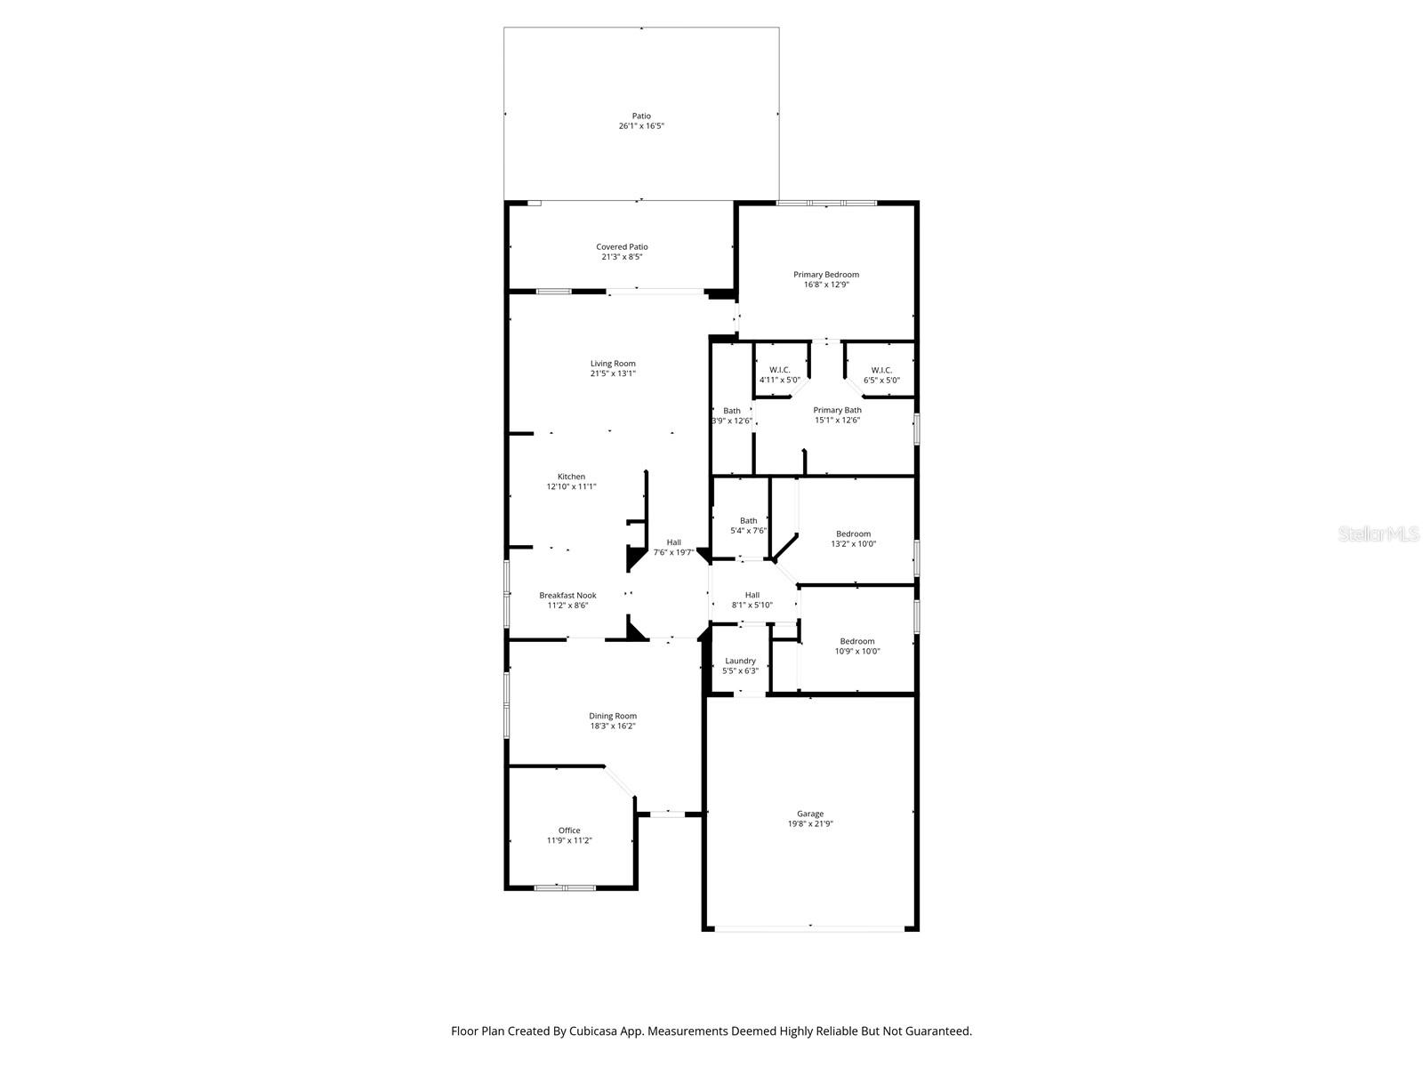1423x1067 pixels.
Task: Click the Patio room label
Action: click(641, 116)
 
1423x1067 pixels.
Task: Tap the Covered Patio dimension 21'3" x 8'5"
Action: click(622, 257)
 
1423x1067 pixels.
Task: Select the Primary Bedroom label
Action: click(826, 275)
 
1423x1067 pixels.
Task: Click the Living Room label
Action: click(613, 364)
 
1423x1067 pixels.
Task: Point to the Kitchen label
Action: click(571, 477)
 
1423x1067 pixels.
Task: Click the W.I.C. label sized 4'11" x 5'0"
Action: click(779, 370)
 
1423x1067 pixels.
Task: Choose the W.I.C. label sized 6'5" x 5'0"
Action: click(881, 370)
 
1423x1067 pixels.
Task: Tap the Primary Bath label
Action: click(837, 410)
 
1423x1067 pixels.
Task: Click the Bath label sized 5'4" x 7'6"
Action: click(748, 521)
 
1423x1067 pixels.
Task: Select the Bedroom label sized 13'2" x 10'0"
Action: click(853, 533)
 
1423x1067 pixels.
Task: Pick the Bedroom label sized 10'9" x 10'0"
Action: click(857, 641)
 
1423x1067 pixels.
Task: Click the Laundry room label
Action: click(740, 661)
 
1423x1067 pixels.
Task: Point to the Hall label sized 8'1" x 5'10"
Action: click(752, 595)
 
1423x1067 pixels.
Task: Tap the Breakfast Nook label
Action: click(567, 596)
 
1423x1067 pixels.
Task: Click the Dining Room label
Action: click(613, 716)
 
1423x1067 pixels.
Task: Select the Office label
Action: click(569, 830)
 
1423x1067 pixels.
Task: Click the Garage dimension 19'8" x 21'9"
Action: click(809, 823)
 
